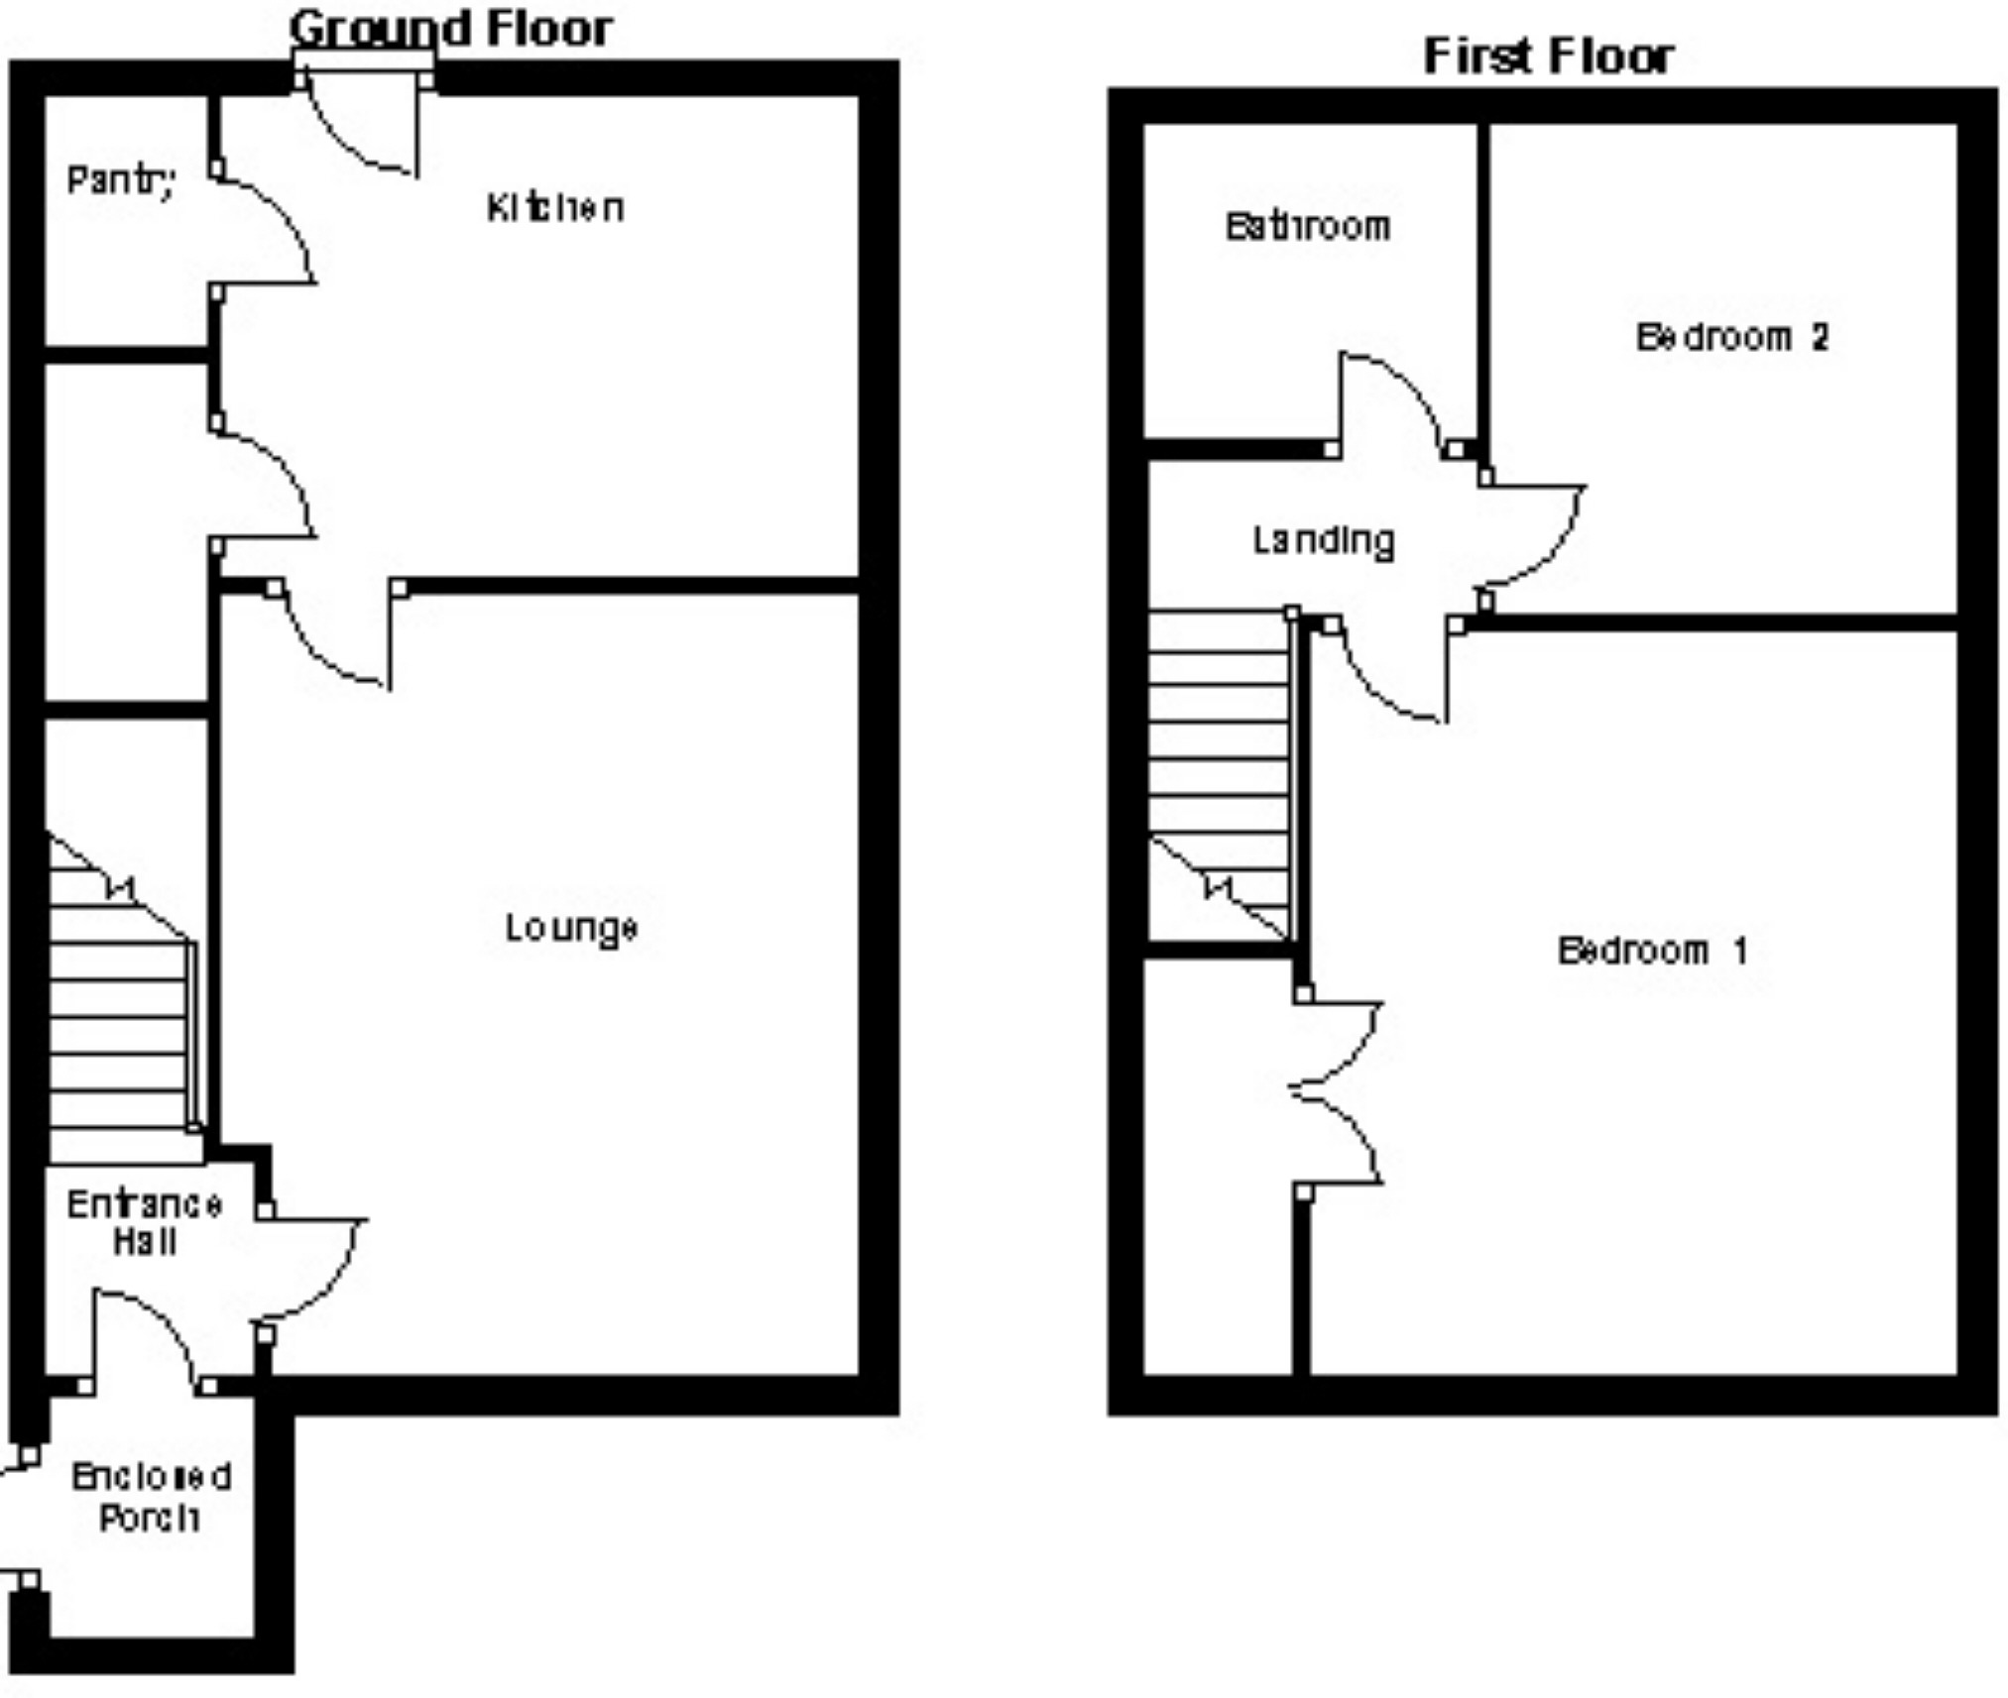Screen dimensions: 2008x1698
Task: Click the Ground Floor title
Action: click(x=451, y=29)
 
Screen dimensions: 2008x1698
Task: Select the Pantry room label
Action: click(x=121, y=180)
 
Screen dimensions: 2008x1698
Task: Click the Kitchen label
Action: click(x=555, y=207)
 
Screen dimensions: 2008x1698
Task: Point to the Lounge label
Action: click(x=571, y=929)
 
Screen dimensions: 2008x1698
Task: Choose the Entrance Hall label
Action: click(x=145, y=1222)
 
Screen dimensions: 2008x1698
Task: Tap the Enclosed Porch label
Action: click(x=151, y=1497)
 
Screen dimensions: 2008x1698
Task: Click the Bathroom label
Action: click(x=1308, y=227)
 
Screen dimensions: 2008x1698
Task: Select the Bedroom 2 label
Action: click(x=1731, y=337)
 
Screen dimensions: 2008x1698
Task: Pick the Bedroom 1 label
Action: click(x=1652, y=951)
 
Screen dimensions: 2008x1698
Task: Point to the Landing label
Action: click(x=1324, y=541)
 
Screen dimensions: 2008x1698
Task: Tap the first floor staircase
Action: click(x=1221, y=773)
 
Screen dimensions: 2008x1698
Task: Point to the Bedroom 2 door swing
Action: click(x=1532, y=540)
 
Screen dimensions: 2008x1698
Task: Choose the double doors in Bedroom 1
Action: click(x=1339, y=1090)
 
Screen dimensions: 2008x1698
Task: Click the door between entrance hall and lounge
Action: click(x=312, y=1274)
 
